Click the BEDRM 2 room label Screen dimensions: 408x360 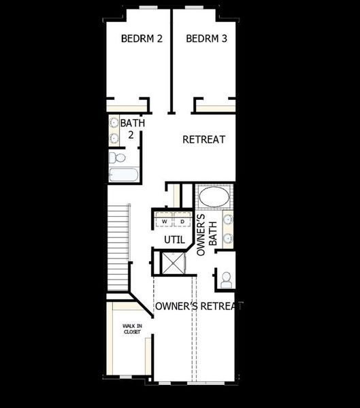pos(142,39)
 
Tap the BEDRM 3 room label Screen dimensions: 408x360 pos(206,39)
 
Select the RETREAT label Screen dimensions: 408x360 pos(203,139)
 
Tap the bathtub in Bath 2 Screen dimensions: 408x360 pos(124,175)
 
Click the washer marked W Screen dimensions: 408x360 pos(164,222)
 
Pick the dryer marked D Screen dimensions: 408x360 pos(182,222)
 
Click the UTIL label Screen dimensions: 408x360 pos(174,239)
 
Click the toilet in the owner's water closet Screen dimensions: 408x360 pos(225,279)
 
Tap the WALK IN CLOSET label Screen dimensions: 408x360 pos(132,329)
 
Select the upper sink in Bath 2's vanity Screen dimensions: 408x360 pos(114,124)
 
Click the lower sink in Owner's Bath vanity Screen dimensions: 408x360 pos(228,238)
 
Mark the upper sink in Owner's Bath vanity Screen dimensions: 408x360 pos(228,220)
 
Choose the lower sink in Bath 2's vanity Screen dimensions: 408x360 pos(114,138)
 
